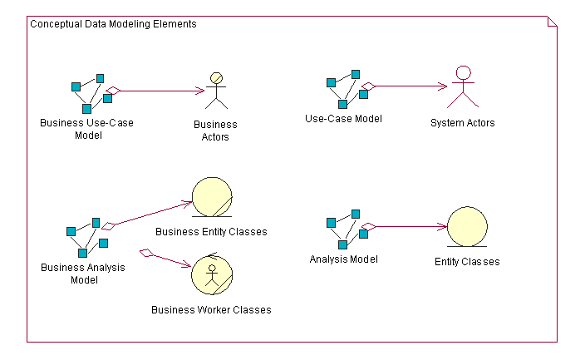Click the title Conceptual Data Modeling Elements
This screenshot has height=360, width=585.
pos(113,24)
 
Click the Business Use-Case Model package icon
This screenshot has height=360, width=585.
pos(91,93)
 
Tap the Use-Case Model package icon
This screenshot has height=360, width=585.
pos(347,89)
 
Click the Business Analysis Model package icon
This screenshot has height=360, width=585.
pos(87,238)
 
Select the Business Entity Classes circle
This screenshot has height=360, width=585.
pos(212,198)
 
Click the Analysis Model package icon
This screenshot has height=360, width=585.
pos(347,229)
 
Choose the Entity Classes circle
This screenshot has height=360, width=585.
pos(467,226)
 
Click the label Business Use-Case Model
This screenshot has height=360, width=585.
pos(86,128)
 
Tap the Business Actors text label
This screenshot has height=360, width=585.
pos(215,131)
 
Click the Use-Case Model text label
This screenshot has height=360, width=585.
pos(344,119)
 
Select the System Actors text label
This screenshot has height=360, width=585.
pos(463,123)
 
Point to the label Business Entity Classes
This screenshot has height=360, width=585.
pos(211,232)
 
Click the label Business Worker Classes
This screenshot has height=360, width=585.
pos(211,310)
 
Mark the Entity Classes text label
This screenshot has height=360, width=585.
pos(467,261)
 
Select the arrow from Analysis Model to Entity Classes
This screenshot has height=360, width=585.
pos(407,226)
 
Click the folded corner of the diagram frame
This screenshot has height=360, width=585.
pos(552,21)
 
